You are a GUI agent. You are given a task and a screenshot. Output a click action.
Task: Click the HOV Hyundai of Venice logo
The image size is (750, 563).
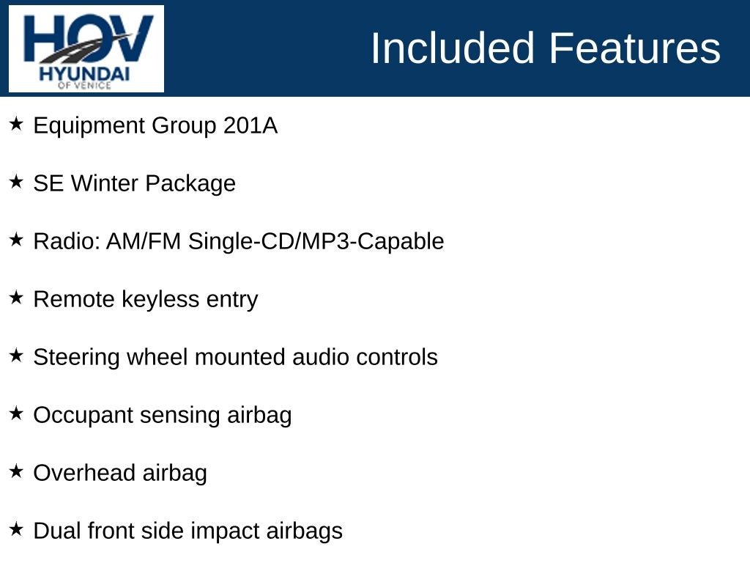(x=86, y=48)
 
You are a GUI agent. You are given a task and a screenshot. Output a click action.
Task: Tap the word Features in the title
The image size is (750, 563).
(x=634, y=48)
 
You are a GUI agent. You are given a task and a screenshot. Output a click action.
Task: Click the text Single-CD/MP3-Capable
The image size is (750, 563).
(x=316, y=241)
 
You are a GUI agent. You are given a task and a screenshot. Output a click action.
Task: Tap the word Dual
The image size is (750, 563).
(x=57, y=531)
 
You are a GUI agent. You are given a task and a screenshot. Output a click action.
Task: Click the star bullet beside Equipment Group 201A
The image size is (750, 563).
(x=17, y=124)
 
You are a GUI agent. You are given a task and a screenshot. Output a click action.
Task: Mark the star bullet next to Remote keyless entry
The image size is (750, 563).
(x=17, y=298)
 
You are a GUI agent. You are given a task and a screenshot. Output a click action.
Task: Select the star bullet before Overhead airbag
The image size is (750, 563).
(x=17, y=471)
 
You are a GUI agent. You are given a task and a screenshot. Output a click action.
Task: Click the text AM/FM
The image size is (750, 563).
(x=144, y=241)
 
